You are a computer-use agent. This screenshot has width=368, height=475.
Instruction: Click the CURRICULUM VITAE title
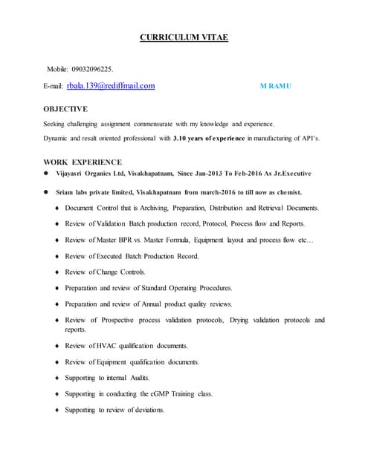click(184, 37)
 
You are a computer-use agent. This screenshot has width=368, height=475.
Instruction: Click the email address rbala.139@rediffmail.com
click(112, 86)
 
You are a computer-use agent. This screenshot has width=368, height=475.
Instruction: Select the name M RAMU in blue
click(276, 87)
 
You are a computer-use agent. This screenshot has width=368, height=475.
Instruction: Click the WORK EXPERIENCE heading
click(83, 161)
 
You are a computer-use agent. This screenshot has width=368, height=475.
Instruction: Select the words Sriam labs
click(77, 191)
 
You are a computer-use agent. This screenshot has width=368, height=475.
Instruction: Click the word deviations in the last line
click(145, 410)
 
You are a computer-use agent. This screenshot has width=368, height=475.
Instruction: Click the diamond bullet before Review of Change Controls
click(57, 272)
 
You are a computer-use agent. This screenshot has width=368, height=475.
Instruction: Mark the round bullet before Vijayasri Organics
click(46, 174)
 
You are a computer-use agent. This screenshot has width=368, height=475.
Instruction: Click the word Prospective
click(117, 320)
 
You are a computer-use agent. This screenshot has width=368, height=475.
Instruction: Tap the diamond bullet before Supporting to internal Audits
click(57, 378)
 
